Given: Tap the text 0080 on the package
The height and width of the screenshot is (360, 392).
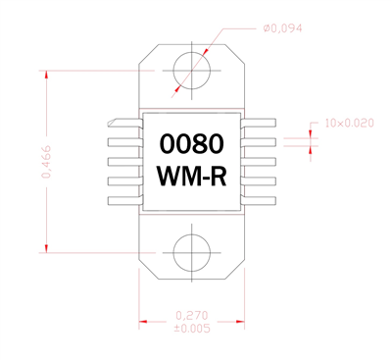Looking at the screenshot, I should pos(191,144).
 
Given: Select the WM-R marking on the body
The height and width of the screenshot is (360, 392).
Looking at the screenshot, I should pos(191,178).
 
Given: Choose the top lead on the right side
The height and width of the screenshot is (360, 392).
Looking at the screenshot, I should pos(259,123).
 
